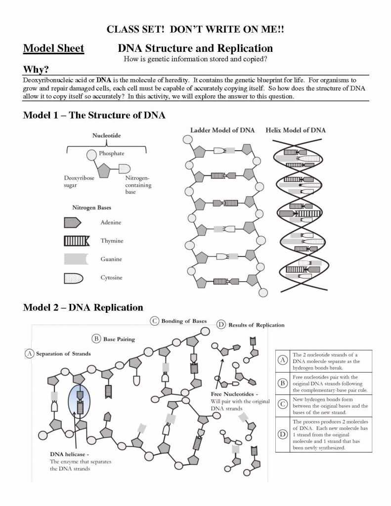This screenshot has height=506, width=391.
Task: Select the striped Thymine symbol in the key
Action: click(x=76, y=241)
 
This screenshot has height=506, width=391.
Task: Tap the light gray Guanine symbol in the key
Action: click(x=75, y=259)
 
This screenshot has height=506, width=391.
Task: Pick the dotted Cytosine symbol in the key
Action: click(x=73, y=278)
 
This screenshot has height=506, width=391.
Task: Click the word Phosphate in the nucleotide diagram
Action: click(x=111, y=154)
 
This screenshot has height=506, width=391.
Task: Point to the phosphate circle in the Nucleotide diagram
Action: click(x=92, y=155)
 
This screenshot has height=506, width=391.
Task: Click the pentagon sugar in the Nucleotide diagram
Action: click(x=104, y=171)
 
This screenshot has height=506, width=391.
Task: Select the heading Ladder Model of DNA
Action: click(x=222, y=130)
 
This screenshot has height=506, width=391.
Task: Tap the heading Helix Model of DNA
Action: click(x=296, y=130)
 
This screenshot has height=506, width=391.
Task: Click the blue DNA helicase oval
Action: click(x=79, y=399)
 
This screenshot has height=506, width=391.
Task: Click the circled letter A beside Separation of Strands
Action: click(x=30, y=354)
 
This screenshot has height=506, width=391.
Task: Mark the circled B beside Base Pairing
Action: click(x=97, y=339)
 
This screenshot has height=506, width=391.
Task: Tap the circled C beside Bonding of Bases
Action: click(x=155, y=321)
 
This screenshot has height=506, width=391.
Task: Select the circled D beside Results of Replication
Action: click(x=221, y=325)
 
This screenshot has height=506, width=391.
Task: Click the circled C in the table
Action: click(x=282, y=403)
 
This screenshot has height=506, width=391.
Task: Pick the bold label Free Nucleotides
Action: click(x=234, y=394)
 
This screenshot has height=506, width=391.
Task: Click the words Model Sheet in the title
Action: click(x=53, y=49)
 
